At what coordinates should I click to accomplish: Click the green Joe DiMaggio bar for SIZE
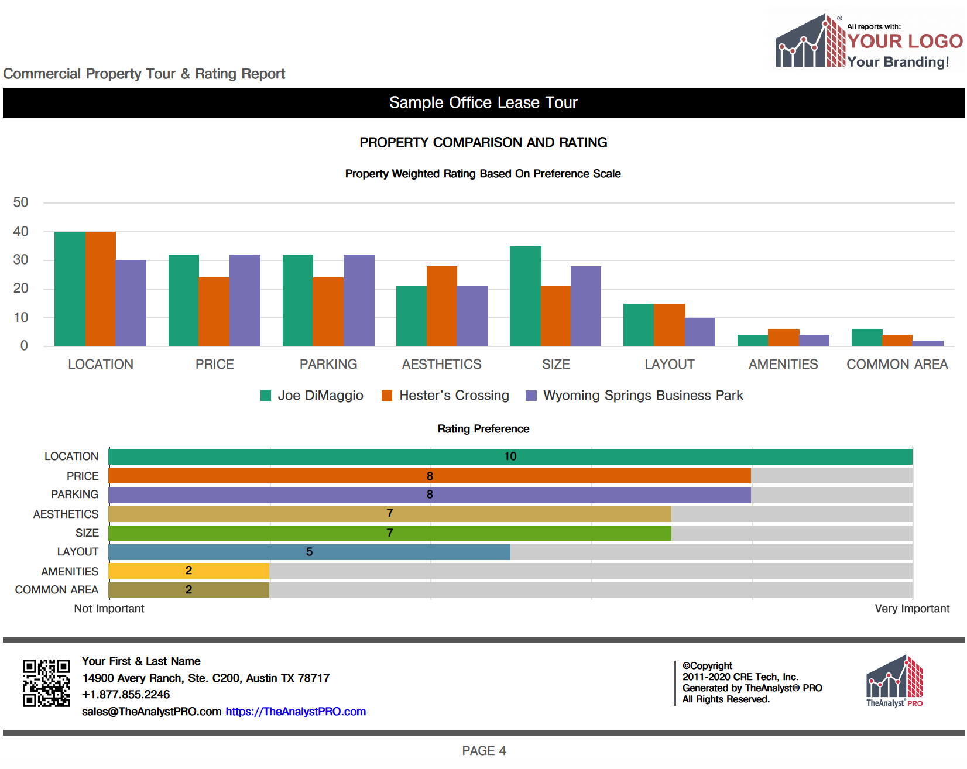pos(525,296)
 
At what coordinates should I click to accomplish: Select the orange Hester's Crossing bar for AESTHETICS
pos(442,306)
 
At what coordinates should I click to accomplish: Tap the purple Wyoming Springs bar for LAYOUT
pos(700,332)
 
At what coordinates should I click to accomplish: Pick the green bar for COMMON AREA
pos(867,338)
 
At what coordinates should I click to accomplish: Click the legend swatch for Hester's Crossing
pos(387,396)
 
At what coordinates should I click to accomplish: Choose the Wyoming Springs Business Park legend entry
pos(643,396)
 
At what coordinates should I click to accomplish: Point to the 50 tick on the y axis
pos(20,202)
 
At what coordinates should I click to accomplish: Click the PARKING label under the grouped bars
pos(328,365)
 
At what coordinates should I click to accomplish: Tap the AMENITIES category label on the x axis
pos(783,365)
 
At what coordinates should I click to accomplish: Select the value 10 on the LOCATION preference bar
pos(510,456)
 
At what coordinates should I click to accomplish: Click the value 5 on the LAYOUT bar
pos(309,552)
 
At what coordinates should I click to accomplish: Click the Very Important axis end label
pos(912,609)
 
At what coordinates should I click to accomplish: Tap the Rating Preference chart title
pos(483,429)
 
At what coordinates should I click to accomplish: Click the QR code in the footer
pos(46,683)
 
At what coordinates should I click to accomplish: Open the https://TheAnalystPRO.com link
pos(296,712)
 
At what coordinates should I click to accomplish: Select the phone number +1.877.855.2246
pos(126,695)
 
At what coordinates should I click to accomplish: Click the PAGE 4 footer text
pos(484,751)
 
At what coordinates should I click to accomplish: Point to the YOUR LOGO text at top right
pos(905,41)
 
